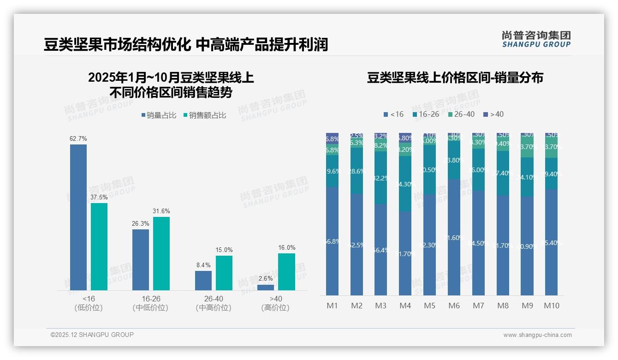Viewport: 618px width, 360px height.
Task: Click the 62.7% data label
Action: pos(78,138)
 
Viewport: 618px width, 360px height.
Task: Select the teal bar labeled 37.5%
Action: pos(99,246)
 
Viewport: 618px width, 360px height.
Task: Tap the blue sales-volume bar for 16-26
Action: pos(141,259)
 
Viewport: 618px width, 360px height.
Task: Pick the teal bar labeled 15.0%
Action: pos(224,273)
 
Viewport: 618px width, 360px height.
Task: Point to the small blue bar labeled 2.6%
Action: pos(266,288)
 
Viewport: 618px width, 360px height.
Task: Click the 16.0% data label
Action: pos(286,248)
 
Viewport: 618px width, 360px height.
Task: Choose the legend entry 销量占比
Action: pos(159,115)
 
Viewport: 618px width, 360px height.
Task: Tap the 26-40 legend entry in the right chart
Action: pos(461,114)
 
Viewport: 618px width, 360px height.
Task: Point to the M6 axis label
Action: pos(454,306)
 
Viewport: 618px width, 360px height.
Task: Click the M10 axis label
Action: pos(552,306)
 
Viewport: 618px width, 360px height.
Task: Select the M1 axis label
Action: pos(333,306)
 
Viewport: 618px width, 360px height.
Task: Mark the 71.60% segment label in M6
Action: pos(454,238)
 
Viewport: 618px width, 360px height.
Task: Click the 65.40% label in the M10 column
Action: pos(552,243)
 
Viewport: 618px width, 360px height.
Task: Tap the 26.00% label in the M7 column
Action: pos(478,170)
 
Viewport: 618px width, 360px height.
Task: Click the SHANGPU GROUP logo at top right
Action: pos(536,39)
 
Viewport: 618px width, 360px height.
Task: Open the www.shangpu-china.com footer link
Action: pos(537,335)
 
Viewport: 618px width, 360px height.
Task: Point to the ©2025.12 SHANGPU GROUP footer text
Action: pos(92,335)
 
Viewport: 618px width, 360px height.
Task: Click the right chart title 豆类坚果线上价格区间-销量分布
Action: pos(455,78)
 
